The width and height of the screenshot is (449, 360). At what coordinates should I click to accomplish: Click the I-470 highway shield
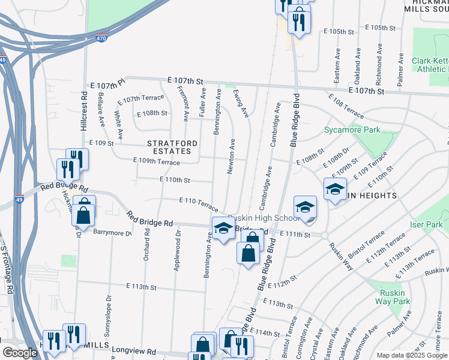pos(101,38)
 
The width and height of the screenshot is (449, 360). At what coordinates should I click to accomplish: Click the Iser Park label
pos(427,225)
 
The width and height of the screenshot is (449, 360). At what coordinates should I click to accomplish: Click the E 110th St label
pos(175,179)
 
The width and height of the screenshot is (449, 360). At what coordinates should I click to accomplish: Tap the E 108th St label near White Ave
pos(152,113)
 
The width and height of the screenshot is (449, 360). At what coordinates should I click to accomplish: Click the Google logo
pos(20,353)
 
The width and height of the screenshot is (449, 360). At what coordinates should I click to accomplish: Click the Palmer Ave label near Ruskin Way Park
pos(395,323)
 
